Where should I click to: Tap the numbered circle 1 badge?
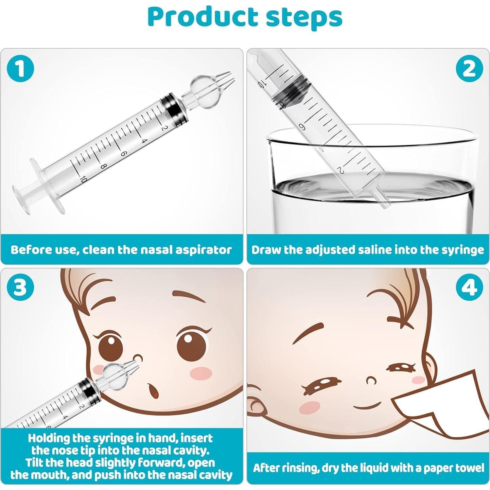coord(20,69)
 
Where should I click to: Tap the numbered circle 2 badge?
coord(469,69)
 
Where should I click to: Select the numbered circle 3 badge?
coord(20,288)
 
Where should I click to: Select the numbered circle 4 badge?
coord(469,288)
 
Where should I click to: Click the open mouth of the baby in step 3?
coord(153,390)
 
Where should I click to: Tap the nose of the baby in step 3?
coord(138,358)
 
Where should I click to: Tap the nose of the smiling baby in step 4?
coord(371,380)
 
